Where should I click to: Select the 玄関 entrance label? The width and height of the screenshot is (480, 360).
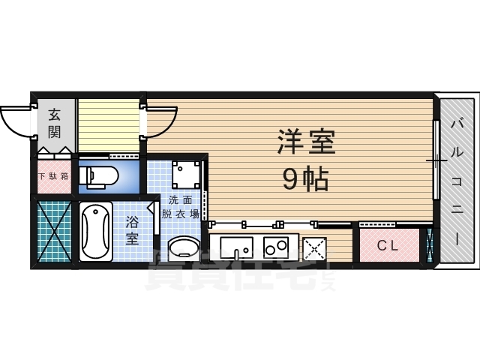click(x=55, y=124)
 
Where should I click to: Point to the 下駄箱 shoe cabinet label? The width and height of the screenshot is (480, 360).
click(x=53, y=177)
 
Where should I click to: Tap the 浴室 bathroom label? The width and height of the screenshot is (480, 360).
click(x=133, y=230)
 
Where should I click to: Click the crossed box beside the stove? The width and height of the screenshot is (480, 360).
click(x=314, y=247)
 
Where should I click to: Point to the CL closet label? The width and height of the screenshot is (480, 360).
click(x=387, y=244)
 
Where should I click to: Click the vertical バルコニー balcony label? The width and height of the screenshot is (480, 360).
click(x=457, y=180)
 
